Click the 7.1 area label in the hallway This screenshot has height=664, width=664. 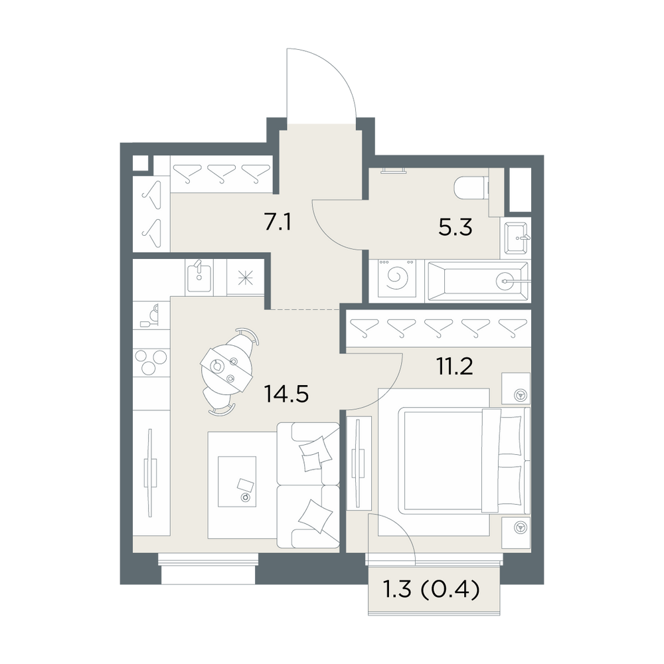coord(278,222)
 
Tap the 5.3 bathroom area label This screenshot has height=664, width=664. coord(456,228)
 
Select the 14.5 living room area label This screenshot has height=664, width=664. coord(286,394)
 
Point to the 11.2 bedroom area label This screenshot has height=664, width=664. coord(454,367)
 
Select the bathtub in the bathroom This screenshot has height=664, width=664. coord(478,281)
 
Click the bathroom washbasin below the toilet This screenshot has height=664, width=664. coord(516,238)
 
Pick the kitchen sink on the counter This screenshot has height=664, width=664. coord(199,276)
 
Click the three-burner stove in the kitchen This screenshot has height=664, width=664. coord(151,363)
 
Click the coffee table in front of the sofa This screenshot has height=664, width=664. coord(237,481)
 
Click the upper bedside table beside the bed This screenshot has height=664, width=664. coord(516,388)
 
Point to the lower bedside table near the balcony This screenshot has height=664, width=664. coord(516,532)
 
